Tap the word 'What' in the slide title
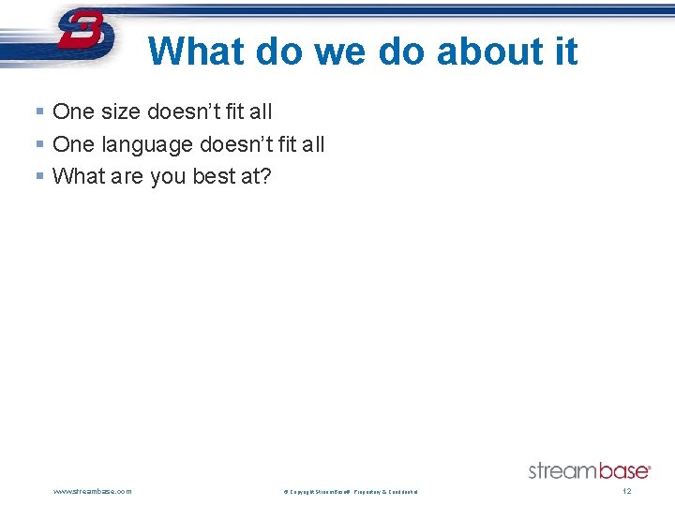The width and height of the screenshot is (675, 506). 198,52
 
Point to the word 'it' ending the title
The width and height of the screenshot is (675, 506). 565,52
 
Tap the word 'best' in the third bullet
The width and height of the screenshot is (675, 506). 214,176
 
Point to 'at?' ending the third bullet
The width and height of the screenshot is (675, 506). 256,176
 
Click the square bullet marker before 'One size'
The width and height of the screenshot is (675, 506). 39,112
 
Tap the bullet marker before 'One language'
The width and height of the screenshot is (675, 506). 39,145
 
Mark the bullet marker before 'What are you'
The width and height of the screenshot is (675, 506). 39,177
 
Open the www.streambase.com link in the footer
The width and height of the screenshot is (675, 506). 93,491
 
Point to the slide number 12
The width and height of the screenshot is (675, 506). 627,491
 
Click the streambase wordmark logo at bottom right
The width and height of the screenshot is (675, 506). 589,470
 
